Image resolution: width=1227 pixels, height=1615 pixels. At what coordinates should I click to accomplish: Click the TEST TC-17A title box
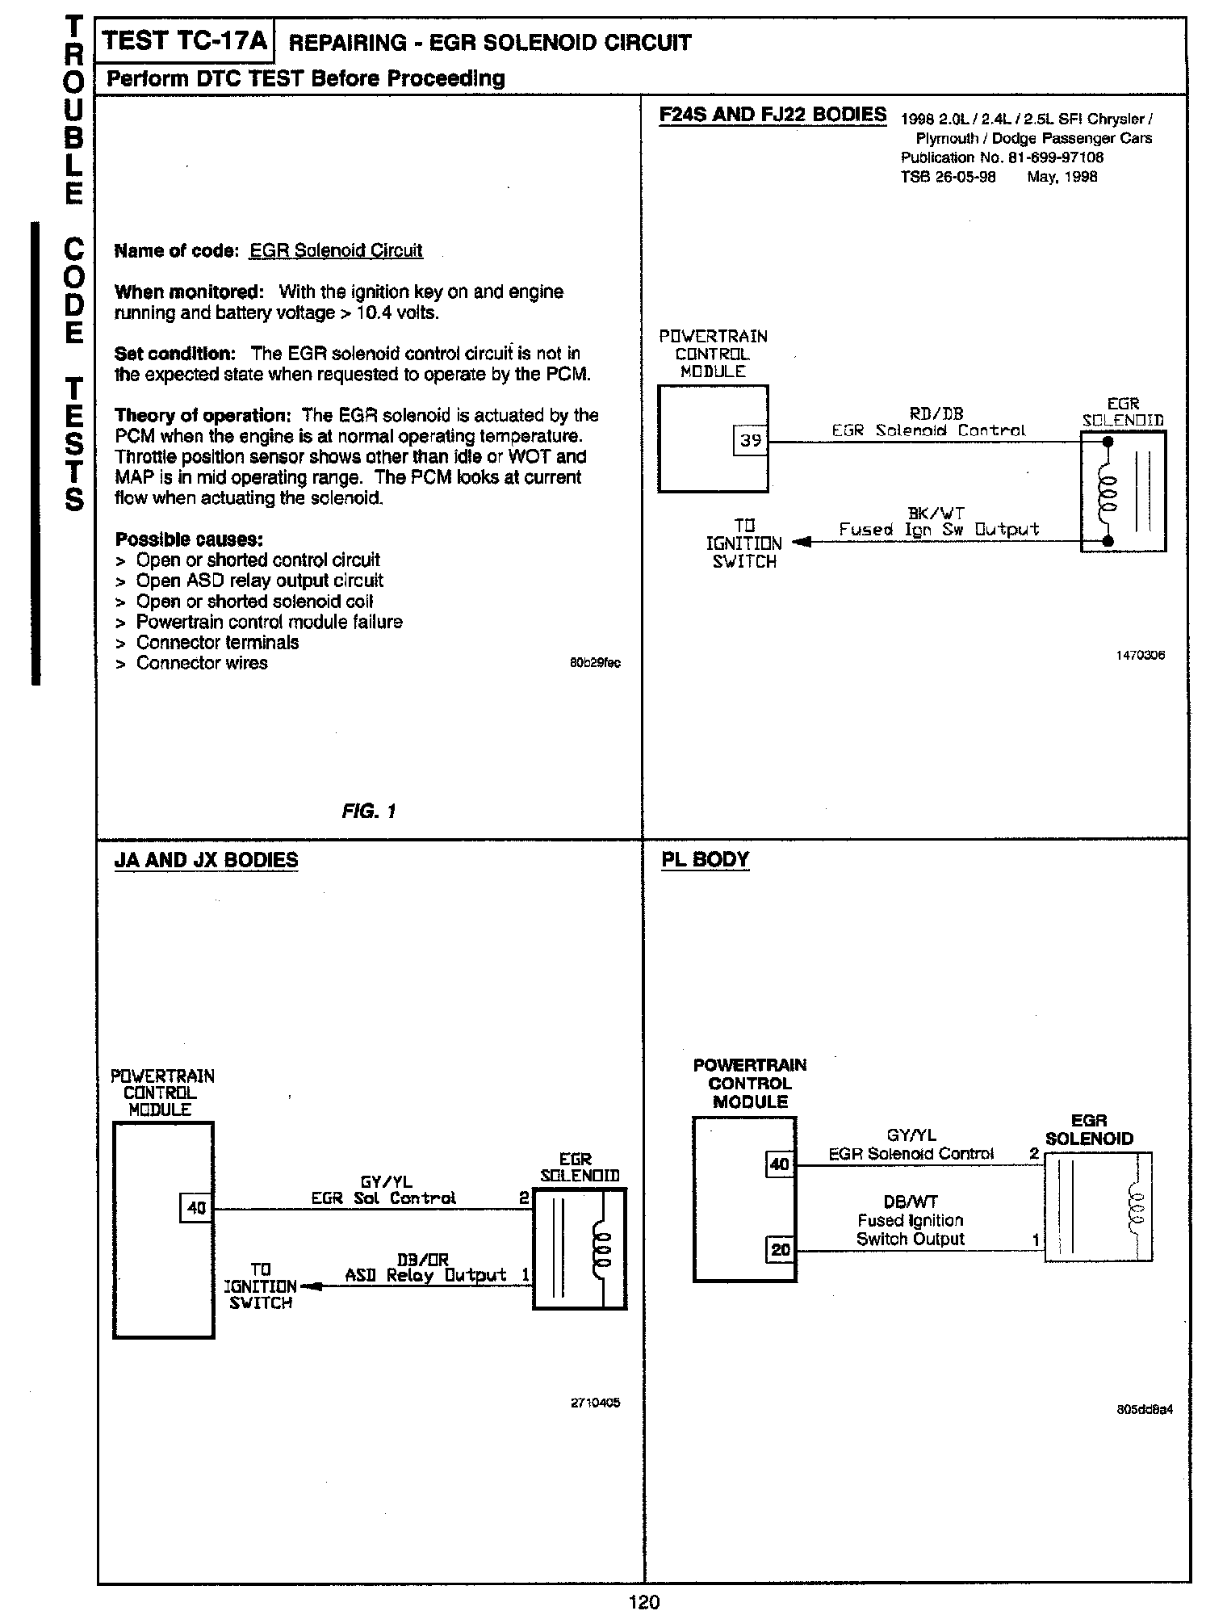coord(185,41)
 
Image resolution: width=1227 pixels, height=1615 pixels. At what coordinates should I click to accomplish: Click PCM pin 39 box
coord(751,441)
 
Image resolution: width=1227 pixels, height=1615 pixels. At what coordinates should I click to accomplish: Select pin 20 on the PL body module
coord(780,1251)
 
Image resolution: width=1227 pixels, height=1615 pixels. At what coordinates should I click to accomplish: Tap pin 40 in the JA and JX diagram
coord(196,1208)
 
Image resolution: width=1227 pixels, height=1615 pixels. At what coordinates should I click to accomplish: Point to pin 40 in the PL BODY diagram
coord(779,1164)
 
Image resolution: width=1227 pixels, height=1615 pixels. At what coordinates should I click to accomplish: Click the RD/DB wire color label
coord(936,413)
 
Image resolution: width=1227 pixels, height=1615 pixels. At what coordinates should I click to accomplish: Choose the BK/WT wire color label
coord(936,512)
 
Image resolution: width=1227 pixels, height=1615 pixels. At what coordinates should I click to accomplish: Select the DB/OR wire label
coord(423,1259)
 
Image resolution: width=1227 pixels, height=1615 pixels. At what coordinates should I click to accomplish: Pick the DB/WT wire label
coord(911,1202)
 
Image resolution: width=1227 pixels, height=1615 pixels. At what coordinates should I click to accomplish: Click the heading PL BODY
coord(705,859)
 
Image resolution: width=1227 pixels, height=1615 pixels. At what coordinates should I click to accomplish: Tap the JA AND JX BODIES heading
coord(206,860)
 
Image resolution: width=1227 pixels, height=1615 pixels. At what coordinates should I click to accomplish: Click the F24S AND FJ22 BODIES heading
coord(773,115)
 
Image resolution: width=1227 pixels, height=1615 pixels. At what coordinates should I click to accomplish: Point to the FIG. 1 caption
coord(369,812)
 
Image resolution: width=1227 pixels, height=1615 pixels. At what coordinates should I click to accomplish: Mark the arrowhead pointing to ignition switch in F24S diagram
coord(800,542)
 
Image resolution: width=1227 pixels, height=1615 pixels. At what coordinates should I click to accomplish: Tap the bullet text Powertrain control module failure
coord(269,622)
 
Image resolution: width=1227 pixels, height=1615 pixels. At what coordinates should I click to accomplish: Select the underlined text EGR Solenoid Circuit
coord(336,250)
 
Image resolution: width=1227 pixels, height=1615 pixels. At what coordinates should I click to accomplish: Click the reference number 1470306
coord(1140,656)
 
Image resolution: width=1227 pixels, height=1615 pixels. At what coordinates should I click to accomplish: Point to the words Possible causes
coord(189,539)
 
